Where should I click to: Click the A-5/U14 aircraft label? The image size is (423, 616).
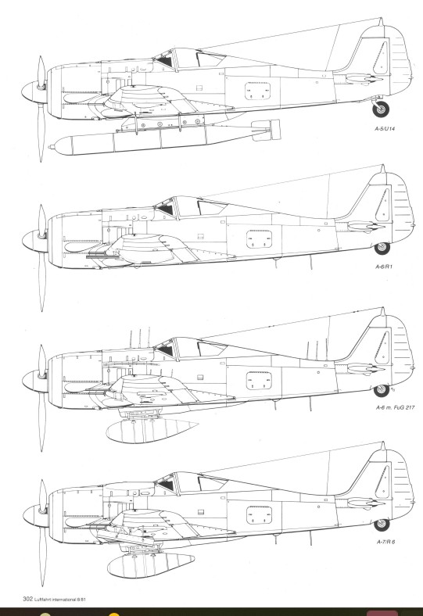point(385,128)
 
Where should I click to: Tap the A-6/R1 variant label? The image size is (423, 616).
point(384,267)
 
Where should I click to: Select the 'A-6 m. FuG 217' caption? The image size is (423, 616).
point(395,407)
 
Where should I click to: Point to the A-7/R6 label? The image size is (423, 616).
point(385,542)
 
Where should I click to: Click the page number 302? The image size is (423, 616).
point(27,599)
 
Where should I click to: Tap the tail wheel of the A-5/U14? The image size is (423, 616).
point(381,109)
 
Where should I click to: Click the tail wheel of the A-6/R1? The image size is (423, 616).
point(382,249)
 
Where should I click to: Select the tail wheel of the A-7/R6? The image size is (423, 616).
point(382,525)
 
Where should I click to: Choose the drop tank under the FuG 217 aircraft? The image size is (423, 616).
point(152,431)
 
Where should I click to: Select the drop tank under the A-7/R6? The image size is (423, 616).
point(151,565)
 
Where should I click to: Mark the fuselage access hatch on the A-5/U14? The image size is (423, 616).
point(258,91)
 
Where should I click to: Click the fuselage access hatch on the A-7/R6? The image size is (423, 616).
point(260,515)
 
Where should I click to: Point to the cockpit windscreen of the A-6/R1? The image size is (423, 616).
point(167,207)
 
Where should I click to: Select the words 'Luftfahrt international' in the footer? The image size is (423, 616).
point(52,600)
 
